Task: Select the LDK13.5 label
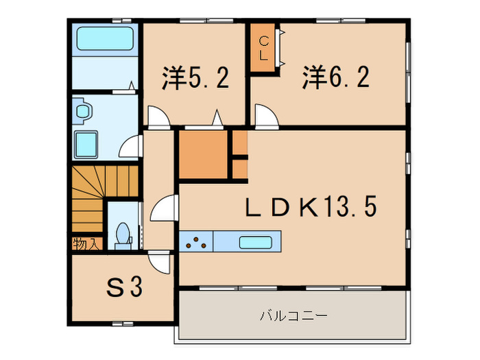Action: pos(311,207)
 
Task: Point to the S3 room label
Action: pos(124,288)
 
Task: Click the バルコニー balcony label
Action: pos(293,317)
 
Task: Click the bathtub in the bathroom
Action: pos(104,38)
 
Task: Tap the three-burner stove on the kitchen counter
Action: pos(196,241)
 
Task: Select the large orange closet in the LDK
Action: pos(203,154)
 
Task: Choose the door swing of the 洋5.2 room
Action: pos(158,117)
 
